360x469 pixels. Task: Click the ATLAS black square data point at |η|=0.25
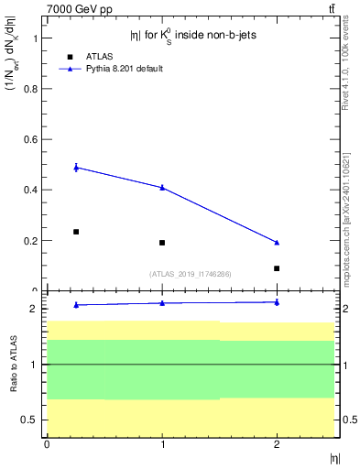coord(76,232)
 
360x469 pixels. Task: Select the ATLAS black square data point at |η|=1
coord(162,243)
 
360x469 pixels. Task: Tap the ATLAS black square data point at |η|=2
coord(277,268)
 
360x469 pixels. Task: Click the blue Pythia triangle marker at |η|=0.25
coord(76,168)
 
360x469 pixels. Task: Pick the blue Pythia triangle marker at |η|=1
coord(162,187)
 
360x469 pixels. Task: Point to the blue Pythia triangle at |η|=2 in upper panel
coord(277,242)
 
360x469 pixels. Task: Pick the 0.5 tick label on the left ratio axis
coord(29,420)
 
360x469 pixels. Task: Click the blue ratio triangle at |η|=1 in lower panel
coord(162,302)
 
